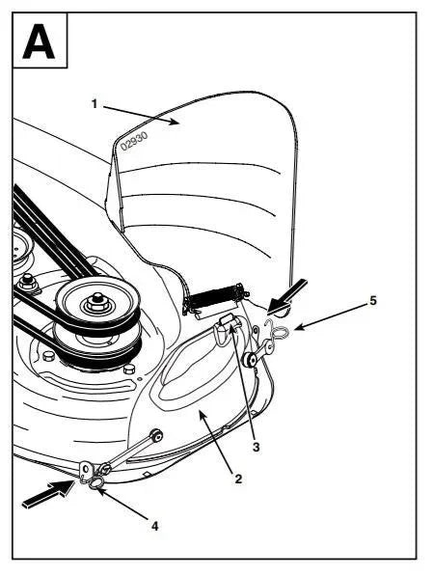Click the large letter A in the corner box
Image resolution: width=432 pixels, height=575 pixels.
click(x=39, y=41)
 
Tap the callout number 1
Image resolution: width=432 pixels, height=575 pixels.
click(x=94, y=104)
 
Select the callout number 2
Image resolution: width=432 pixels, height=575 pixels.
click(x=238, y=479)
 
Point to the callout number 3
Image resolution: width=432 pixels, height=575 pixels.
click(x=256, y=447)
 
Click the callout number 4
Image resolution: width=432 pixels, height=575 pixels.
click(x=155, y=526)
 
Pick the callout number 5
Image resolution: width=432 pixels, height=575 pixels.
click(x=373, y=301)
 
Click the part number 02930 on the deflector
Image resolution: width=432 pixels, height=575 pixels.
click(x=134, y=141)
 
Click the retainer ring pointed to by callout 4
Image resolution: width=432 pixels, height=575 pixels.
click(x=94, y=483)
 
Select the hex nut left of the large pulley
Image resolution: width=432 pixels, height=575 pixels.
click(x=27, y=282)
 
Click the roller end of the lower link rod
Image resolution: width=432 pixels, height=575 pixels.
click(x=157, y=435)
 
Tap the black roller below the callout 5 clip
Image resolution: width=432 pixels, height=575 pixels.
click(x=252, y=359)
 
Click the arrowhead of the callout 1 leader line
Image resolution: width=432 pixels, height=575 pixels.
click(x=175, y=123)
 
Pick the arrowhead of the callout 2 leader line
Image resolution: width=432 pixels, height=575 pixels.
click(x=202, y=414)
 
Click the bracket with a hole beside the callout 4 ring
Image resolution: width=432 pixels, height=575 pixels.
click(x=86, y=470)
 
